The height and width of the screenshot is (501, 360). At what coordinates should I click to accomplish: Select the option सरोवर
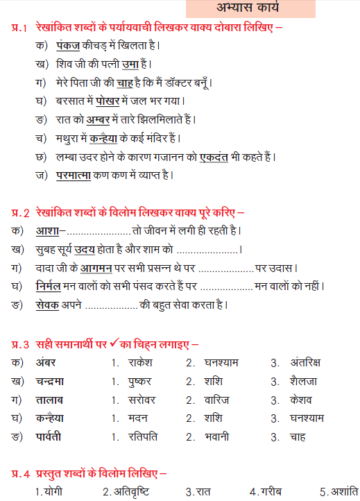click(142, 400)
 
